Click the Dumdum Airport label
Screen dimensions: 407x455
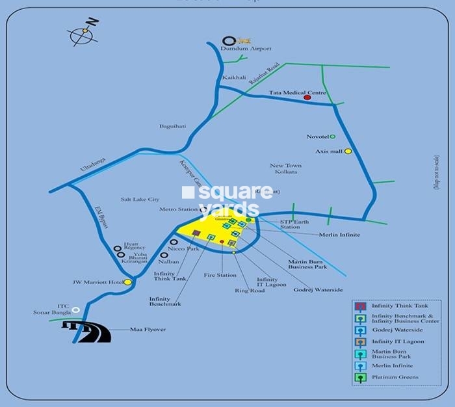click(246, 49)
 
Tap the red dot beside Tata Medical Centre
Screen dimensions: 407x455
click(307, 98)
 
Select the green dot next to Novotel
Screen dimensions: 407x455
click(333, 137)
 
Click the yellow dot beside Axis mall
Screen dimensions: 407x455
click(348, 151)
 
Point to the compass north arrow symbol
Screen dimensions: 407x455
click(83, 32)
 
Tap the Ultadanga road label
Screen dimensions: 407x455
click(92, 160)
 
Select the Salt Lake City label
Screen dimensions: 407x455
click(140, 200)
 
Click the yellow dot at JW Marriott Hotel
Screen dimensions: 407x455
click(128, 282)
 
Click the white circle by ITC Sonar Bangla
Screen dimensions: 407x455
click(76, 309)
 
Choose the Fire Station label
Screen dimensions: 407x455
click(220, 275)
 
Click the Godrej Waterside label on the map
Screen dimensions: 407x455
click(318, 289)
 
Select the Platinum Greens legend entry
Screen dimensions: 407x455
click(395, 377)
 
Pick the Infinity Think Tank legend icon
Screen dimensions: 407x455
click(359, 306)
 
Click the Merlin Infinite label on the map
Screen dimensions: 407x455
click(339, 235)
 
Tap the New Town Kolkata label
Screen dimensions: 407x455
click(283, 168)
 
